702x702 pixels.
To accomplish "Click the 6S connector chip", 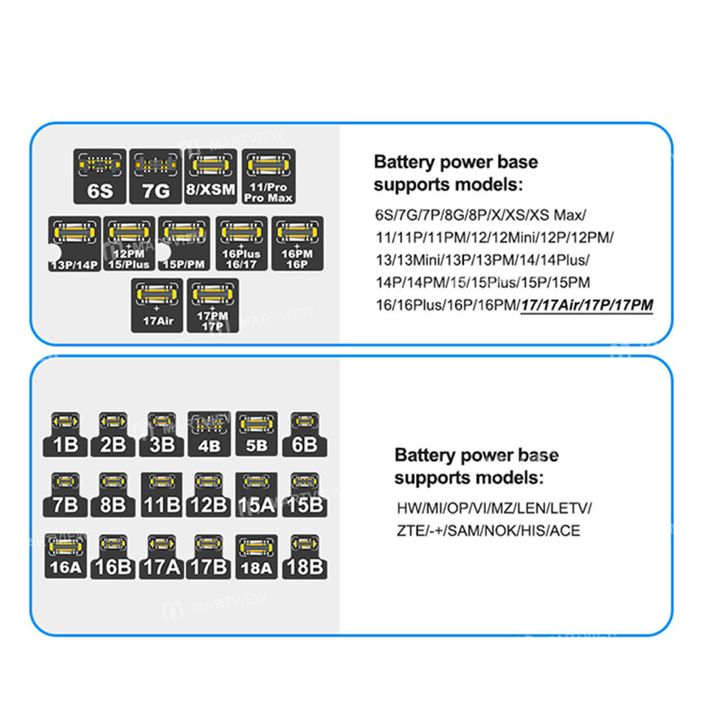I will (100, 176).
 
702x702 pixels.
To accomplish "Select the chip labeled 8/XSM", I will (212, 176).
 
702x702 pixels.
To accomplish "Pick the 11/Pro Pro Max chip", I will (268, 176).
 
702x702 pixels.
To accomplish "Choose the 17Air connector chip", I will (157, 305).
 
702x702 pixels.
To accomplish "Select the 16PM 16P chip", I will (297, 243).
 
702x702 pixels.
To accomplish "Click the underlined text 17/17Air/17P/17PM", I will (586, 305).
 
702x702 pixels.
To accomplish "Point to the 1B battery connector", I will (67, 433).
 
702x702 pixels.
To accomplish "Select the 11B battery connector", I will (162, 494).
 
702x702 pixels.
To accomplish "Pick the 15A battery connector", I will (256, 494).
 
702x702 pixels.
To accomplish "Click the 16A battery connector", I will (67, 556).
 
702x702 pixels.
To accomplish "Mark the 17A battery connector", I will (162, 556).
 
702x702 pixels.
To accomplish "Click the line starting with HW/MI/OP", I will (494, 508).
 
